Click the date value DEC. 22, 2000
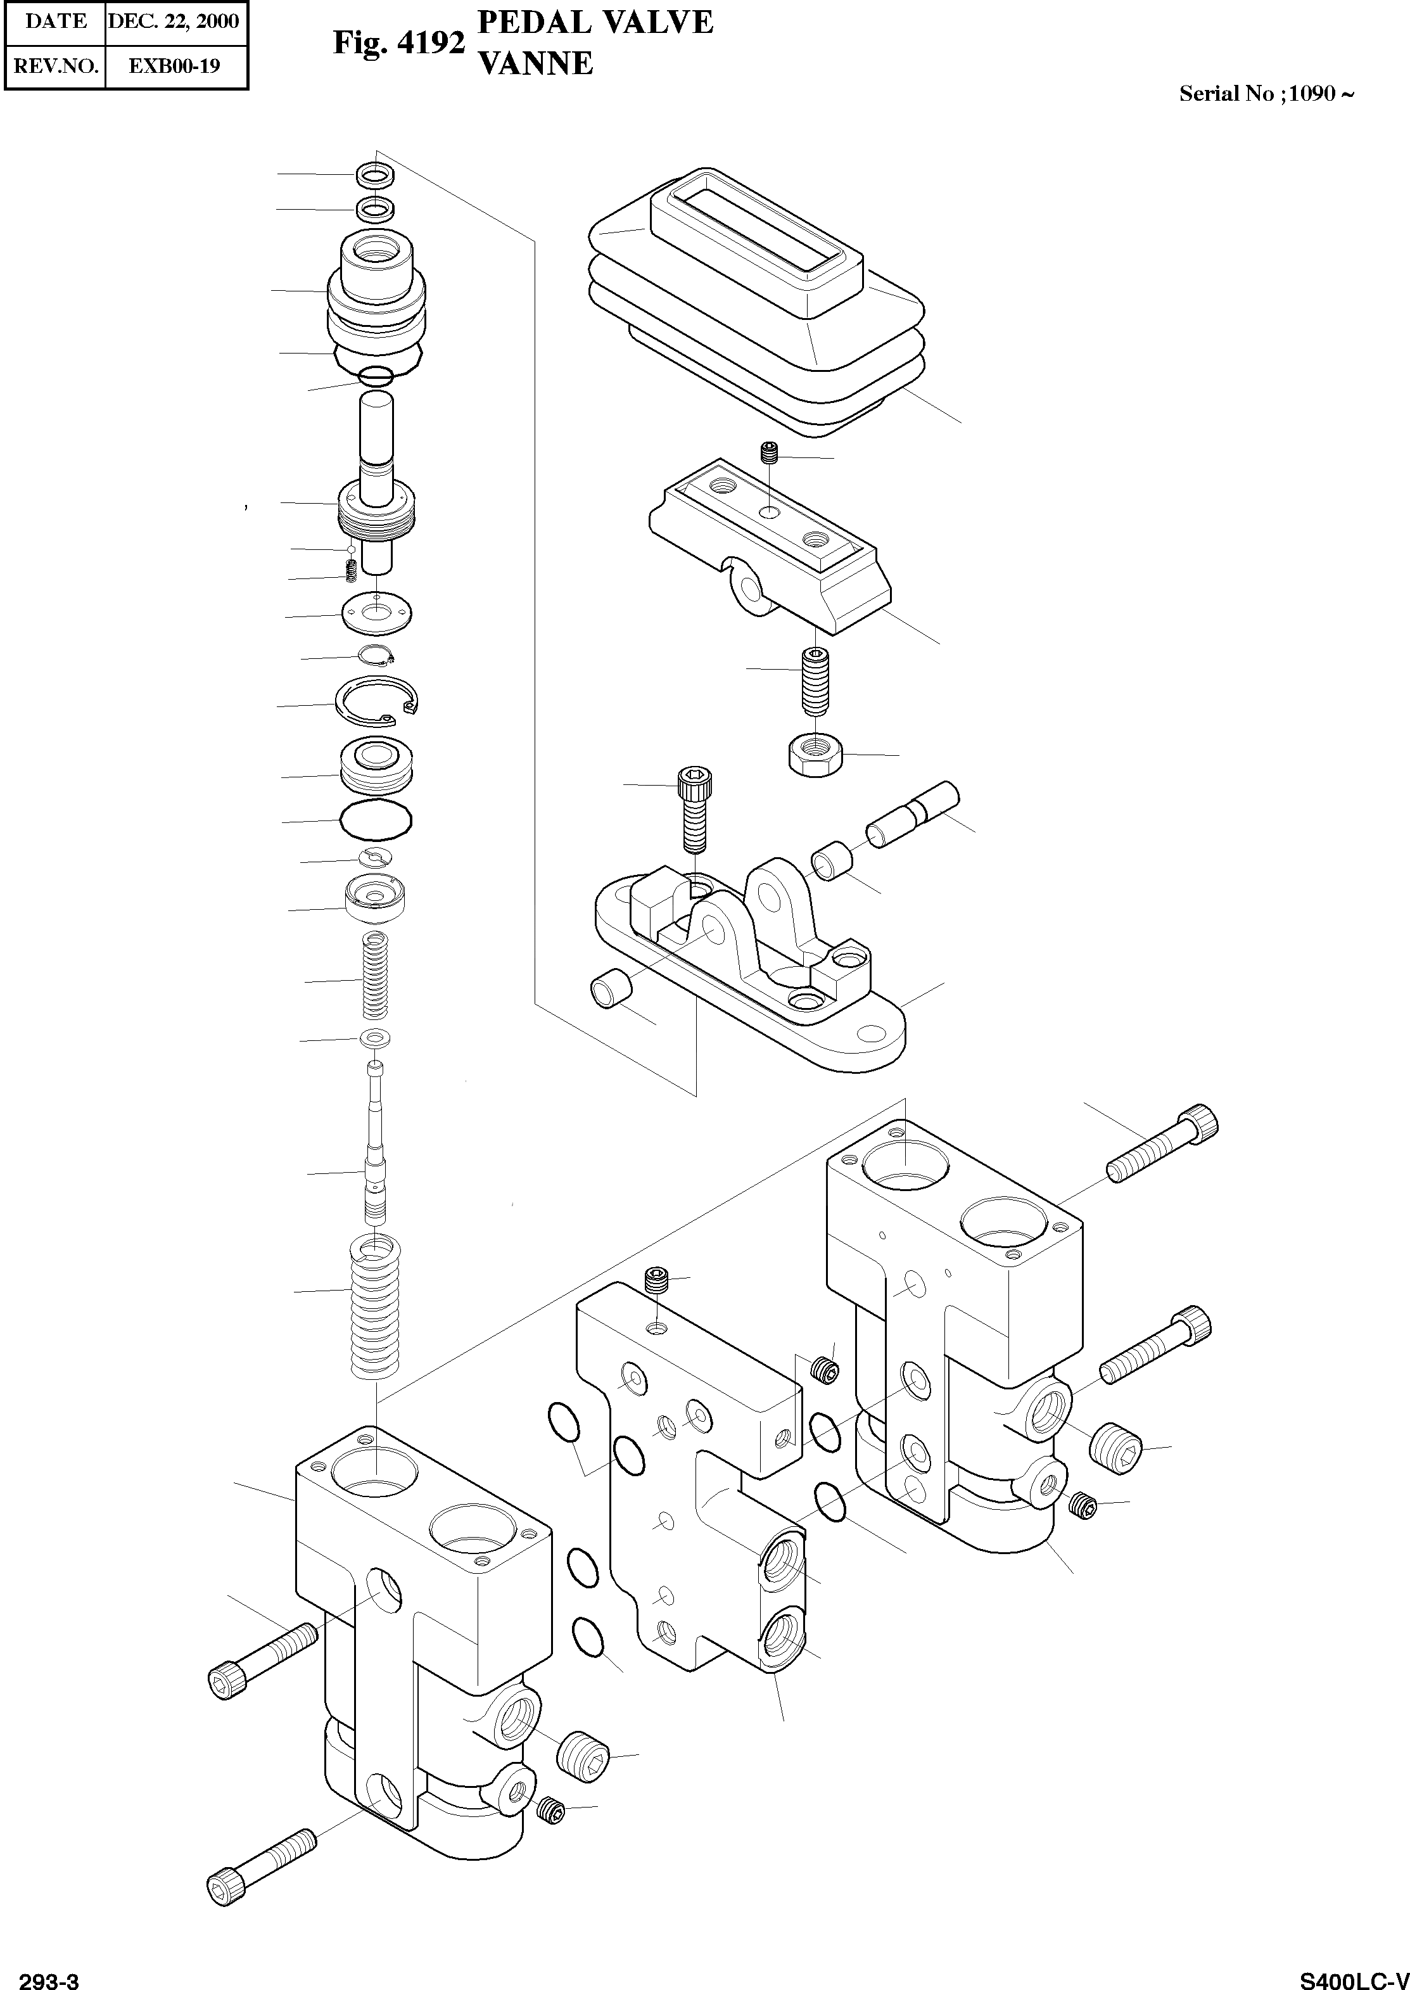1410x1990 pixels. [x=174, y=22]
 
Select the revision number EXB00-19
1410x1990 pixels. [x=175, y=66]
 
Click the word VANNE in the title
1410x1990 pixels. [x=536, y=63]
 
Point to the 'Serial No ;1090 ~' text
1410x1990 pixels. [x=1265, y=94]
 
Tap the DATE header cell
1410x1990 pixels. [x=56, y=22]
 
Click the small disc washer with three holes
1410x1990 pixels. [x=377, y=613]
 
